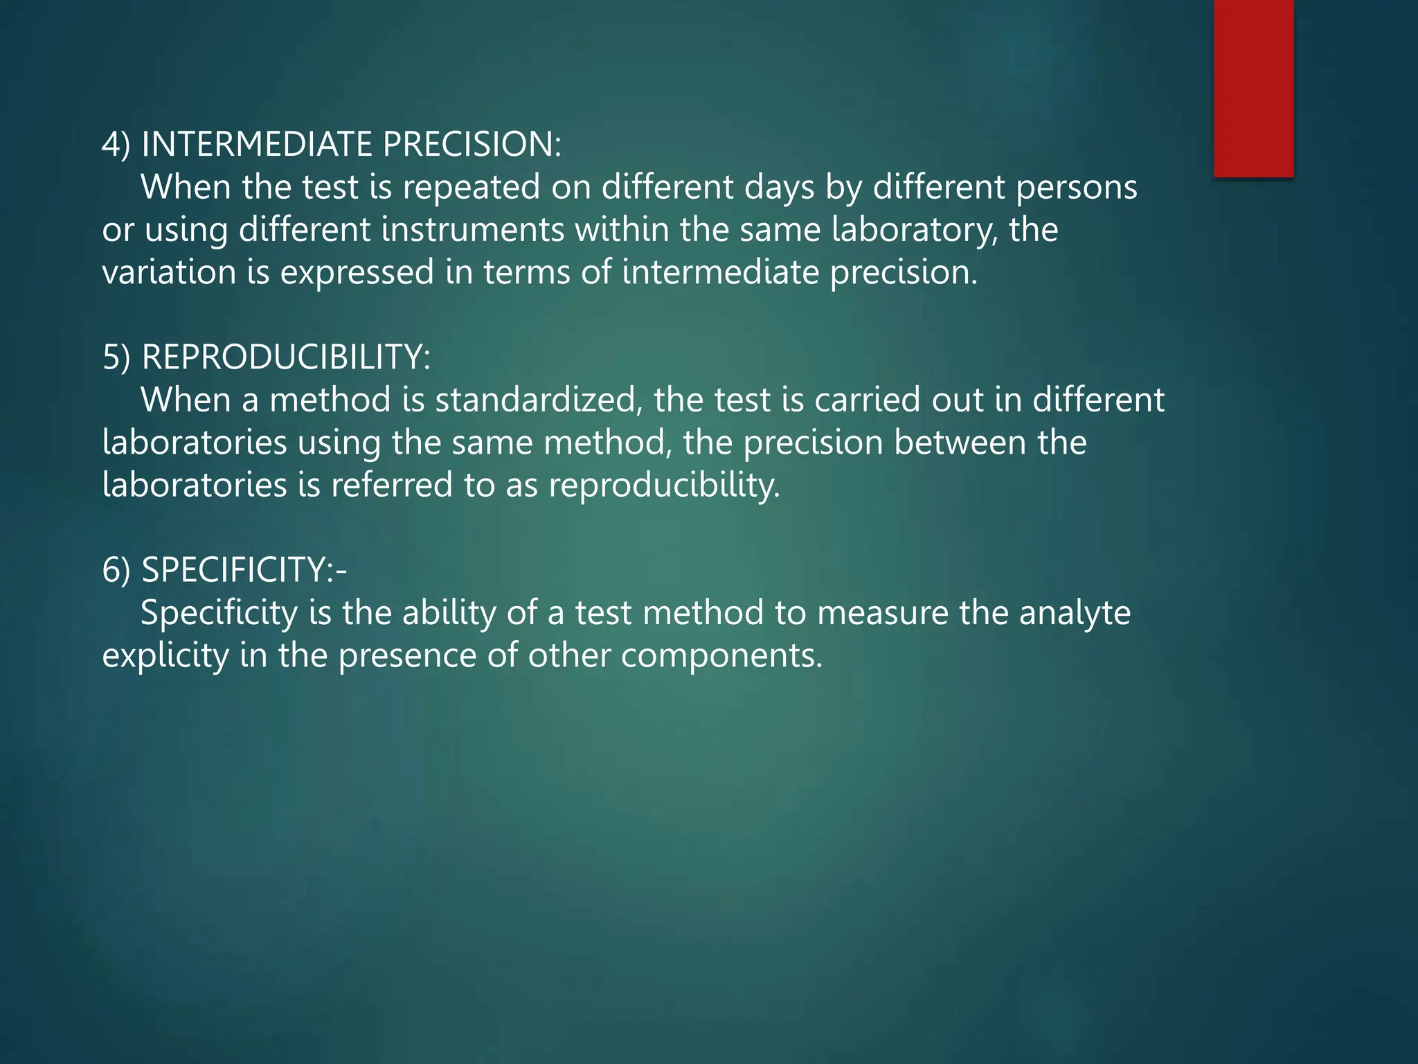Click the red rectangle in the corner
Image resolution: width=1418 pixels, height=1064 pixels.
[1253, 88]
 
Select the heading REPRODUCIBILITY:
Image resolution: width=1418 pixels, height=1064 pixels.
[286, 357]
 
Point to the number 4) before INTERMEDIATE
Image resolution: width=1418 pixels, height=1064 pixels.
[116, 145]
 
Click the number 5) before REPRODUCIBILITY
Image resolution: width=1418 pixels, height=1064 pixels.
[116, 358]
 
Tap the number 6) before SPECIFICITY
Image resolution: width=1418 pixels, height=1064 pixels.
[116, 571]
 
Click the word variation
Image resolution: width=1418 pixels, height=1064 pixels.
[169, 272]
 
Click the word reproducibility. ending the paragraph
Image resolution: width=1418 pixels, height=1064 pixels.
[665, 486]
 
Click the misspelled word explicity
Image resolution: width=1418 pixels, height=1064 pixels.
[165, 656]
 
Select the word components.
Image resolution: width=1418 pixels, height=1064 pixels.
[721, 656]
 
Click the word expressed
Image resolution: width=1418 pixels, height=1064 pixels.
[357, 272]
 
